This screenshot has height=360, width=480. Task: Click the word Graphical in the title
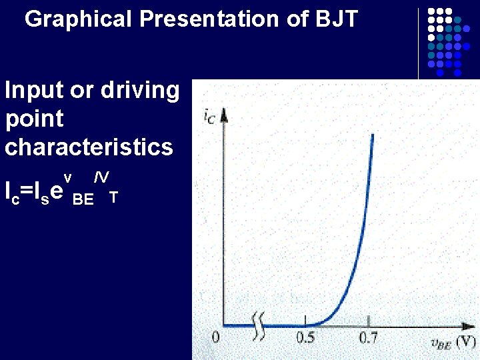(79, 19)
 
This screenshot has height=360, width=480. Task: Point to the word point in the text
(34, 120)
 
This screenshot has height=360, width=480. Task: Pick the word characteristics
(89, 147)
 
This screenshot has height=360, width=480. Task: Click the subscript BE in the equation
(83, 199)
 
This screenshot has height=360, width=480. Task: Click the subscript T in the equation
(114, 198)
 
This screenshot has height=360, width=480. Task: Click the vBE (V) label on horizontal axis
(451, 343)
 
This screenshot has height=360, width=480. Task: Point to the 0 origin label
(215, 338)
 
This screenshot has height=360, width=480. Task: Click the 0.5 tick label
(306, 338)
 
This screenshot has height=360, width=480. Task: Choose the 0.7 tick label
(369, 338)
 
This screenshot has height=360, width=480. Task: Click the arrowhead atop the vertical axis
(224, 114)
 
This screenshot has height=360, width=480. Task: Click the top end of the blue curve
(373, 135)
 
